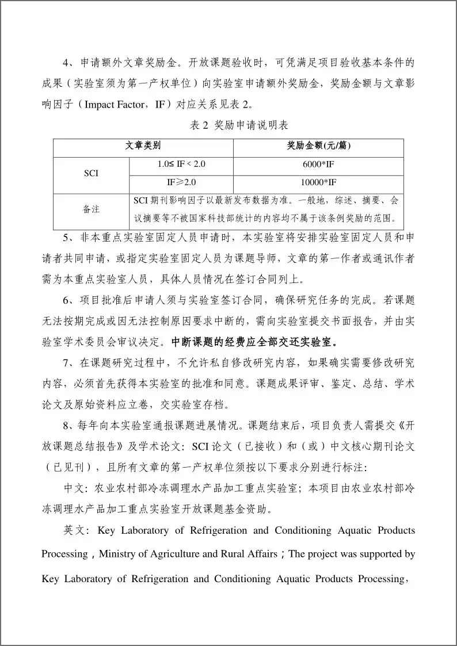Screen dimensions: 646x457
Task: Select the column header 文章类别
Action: point(143,146)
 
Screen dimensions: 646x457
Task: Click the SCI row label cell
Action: point(92,173)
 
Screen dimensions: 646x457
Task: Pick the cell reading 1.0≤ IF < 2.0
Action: point(181,164)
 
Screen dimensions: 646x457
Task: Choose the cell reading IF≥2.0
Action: point(181,182)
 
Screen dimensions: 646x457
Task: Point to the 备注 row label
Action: point(92,209)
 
